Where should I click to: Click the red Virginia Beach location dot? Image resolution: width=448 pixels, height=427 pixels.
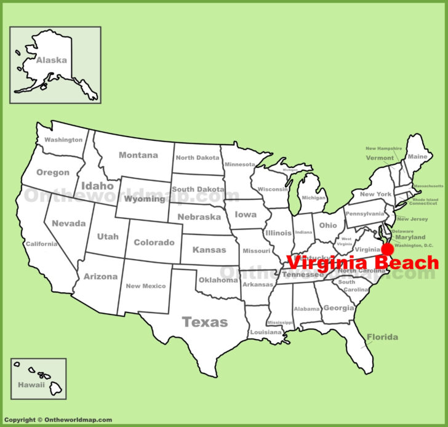[387, 249]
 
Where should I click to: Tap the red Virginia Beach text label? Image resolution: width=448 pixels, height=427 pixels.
[363, 263]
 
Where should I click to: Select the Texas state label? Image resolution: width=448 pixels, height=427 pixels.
[205, 322]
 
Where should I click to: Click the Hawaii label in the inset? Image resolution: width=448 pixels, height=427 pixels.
[31, 385]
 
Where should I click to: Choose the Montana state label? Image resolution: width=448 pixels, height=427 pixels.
[138, 155]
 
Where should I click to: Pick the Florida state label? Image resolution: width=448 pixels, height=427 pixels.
[382, 337]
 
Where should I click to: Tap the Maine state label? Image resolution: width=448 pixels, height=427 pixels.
[417, 156]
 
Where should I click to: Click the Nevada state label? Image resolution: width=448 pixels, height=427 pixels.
[68, 223]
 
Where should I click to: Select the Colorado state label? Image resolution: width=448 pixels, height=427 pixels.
[154, 242]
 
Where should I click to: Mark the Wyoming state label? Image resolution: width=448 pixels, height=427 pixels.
[145, 199]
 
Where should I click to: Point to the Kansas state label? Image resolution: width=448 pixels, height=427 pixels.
[209, 250]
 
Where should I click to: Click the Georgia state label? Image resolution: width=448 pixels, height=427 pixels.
[338, 308]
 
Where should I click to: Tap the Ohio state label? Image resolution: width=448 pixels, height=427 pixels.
[327, 225]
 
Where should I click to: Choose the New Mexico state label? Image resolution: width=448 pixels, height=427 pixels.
[145, 286]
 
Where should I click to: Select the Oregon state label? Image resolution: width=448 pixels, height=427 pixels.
[53, 172]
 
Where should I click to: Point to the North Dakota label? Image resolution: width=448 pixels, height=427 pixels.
[197, 158]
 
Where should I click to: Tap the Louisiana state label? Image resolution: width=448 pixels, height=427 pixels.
[265, 332]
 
